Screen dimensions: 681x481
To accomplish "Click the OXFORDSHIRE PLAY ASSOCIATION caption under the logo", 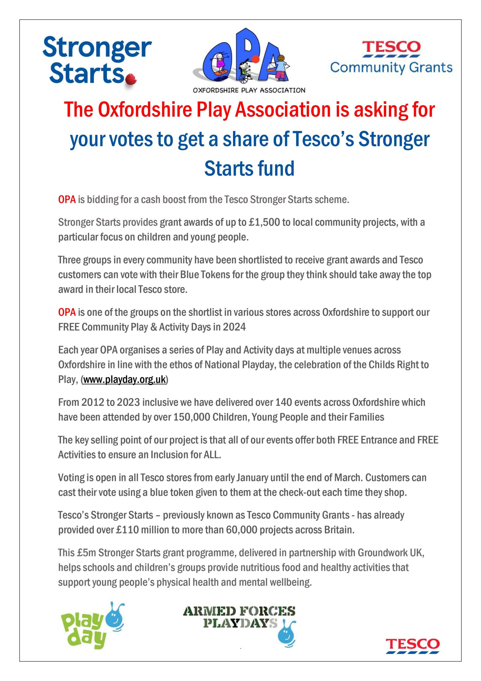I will pos(249,90).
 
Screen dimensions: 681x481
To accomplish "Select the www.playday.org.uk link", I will pos(124,379).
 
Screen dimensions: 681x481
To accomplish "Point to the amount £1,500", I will pos(264,222).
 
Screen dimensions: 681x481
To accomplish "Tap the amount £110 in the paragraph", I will pos(128,530).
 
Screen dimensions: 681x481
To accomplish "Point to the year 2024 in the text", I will pos(234,327).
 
